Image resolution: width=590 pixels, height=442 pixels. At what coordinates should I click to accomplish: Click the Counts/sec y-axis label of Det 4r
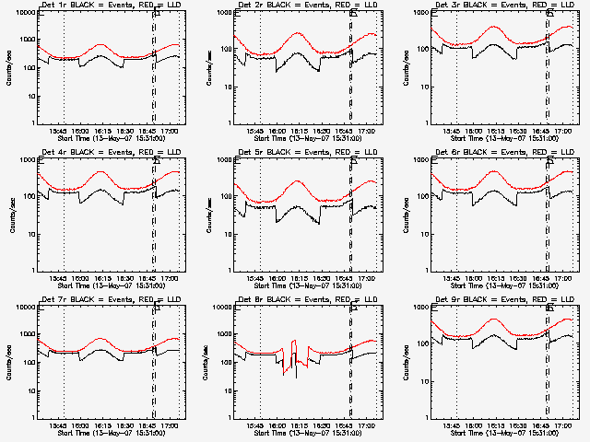tap(11, 215)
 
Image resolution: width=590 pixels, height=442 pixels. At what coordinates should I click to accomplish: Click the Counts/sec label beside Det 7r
tap(11, 362)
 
